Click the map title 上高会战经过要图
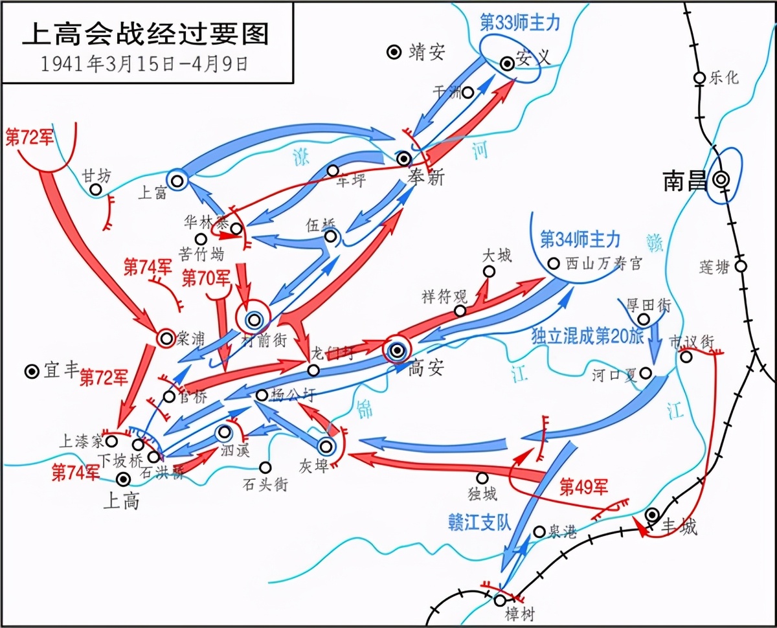point(145,34)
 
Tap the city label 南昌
point(684,182)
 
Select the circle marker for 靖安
point(393,52)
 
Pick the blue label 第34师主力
point(580,240)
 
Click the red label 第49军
point(585,486)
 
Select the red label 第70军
point(206,280)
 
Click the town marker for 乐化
point(699,78)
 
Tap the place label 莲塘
point(714,267)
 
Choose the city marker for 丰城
point(653,514)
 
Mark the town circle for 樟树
point(499,600)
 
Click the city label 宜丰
point(61,372)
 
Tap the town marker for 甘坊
point(96,189)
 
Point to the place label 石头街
point(265,484)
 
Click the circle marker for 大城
point(489,271)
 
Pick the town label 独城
point(482,494)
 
